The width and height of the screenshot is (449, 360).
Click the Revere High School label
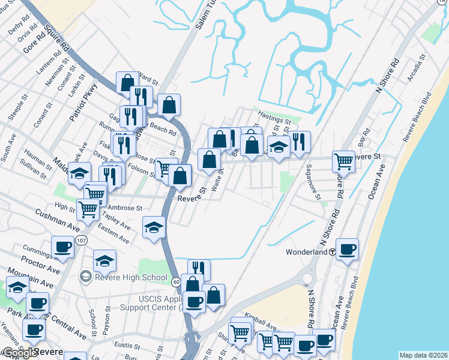point(131,277)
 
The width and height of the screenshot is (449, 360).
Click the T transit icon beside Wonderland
point(331,252)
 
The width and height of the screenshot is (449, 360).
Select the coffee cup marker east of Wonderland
point(347,248)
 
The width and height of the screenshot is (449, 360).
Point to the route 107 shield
point(82,240)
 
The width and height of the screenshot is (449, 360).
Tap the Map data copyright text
point(423,355)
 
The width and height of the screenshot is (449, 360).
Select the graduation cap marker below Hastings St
point(279,148)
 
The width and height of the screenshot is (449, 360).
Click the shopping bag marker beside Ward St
point(127,82)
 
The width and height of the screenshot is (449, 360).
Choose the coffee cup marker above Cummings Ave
point(62,247)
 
